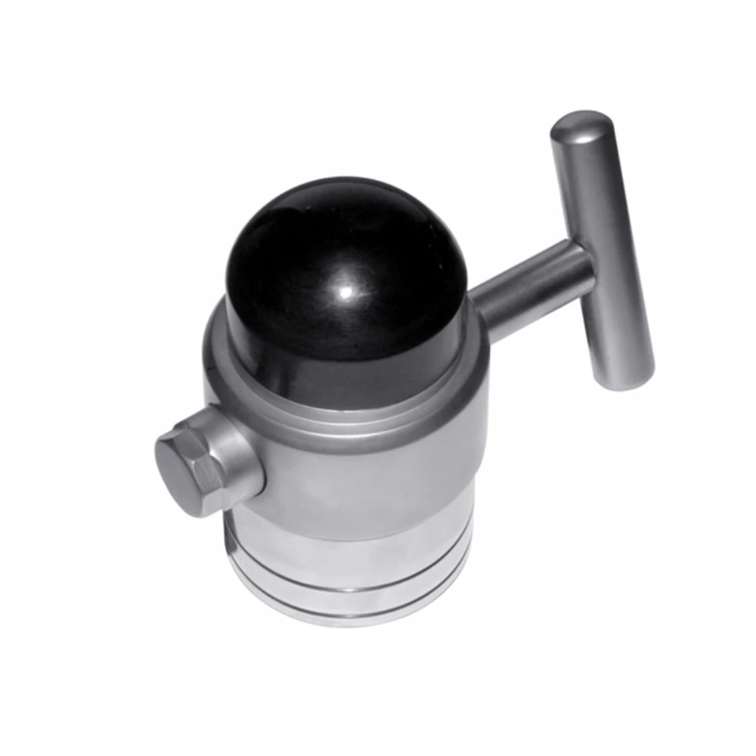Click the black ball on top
344,265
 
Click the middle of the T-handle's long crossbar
601,249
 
